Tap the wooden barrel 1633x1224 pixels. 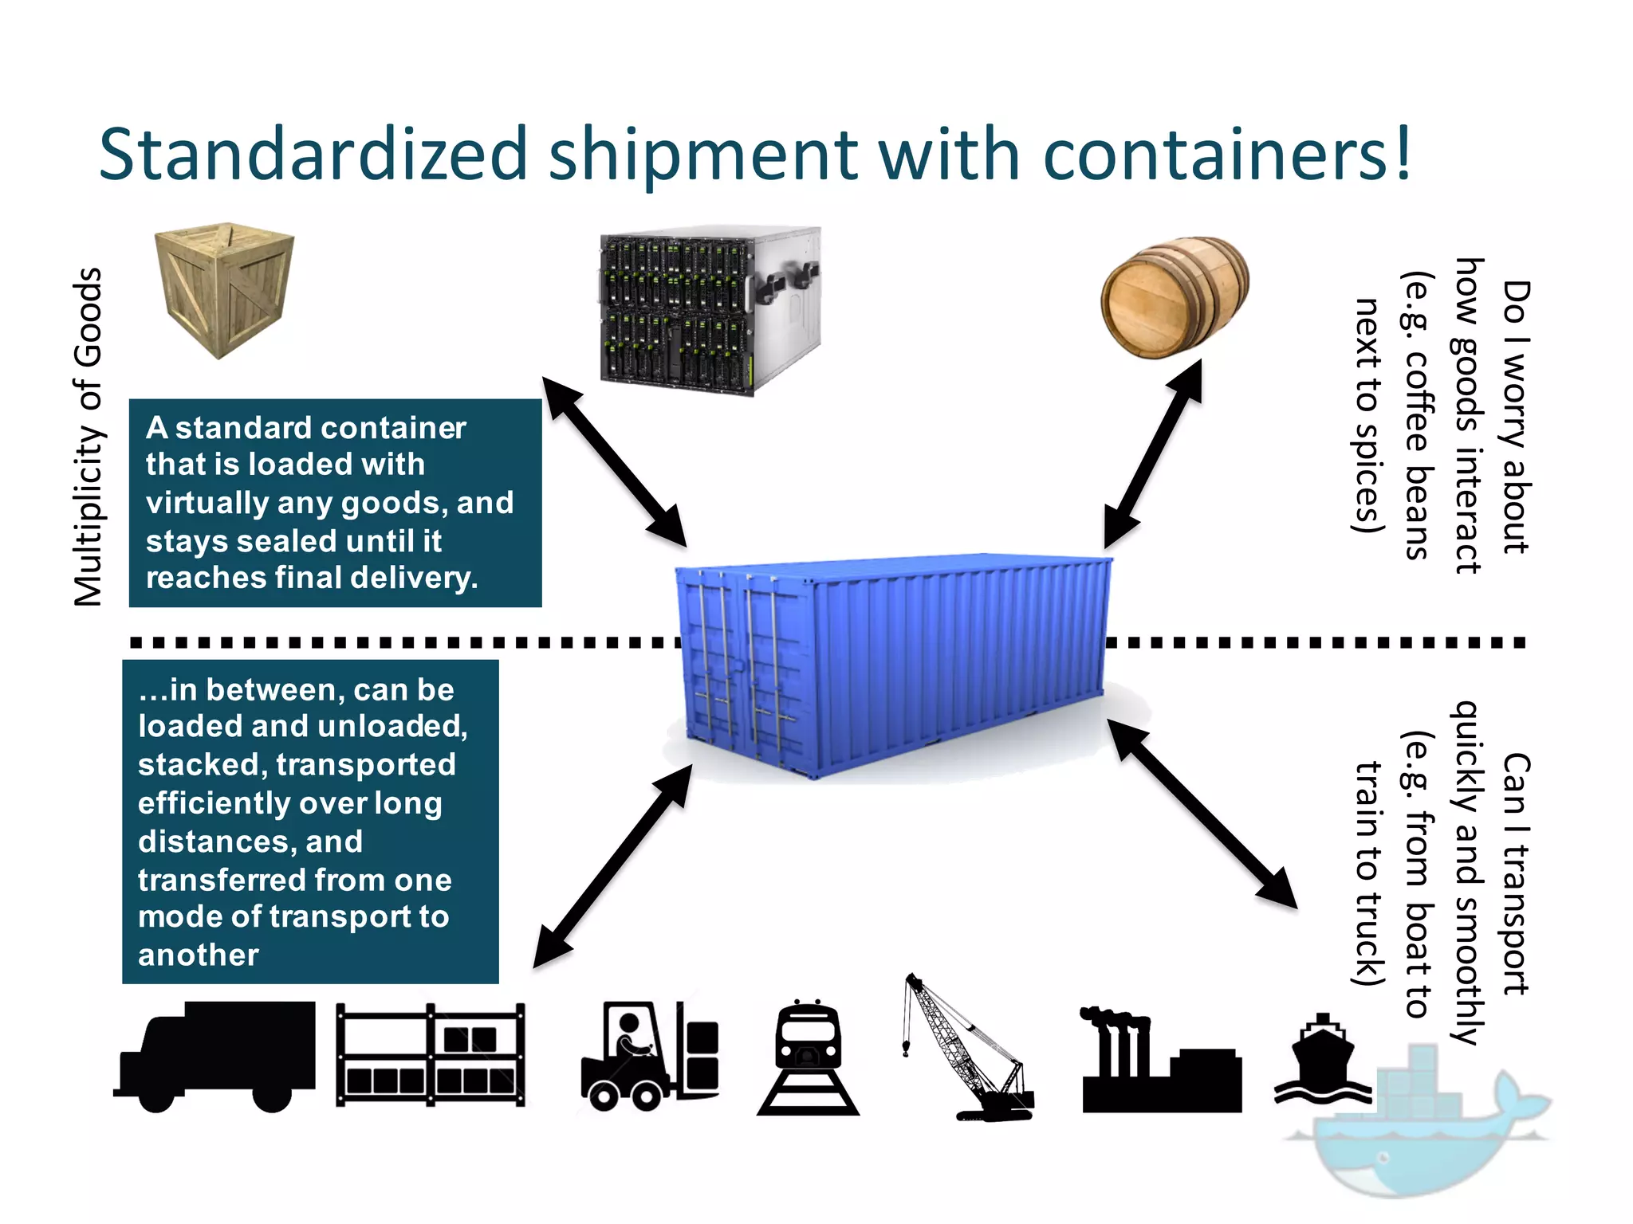[1174, 296]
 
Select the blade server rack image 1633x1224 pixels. [709, 311]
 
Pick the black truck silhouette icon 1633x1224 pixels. [215, 1056]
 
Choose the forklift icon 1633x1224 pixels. [650, 1056]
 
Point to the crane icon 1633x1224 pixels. [966, 1048]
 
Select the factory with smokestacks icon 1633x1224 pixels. [1160, 1064]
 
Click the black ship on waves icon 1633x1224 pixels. [1322, 1060]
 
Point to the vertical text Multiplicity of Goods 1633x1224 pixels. [88, 437]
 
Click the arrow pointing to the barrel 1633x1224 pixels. [1153, 453]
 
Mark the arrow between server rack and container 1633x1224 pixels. [614, 461]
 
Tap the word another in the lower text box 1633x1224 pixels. [199, 955]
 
